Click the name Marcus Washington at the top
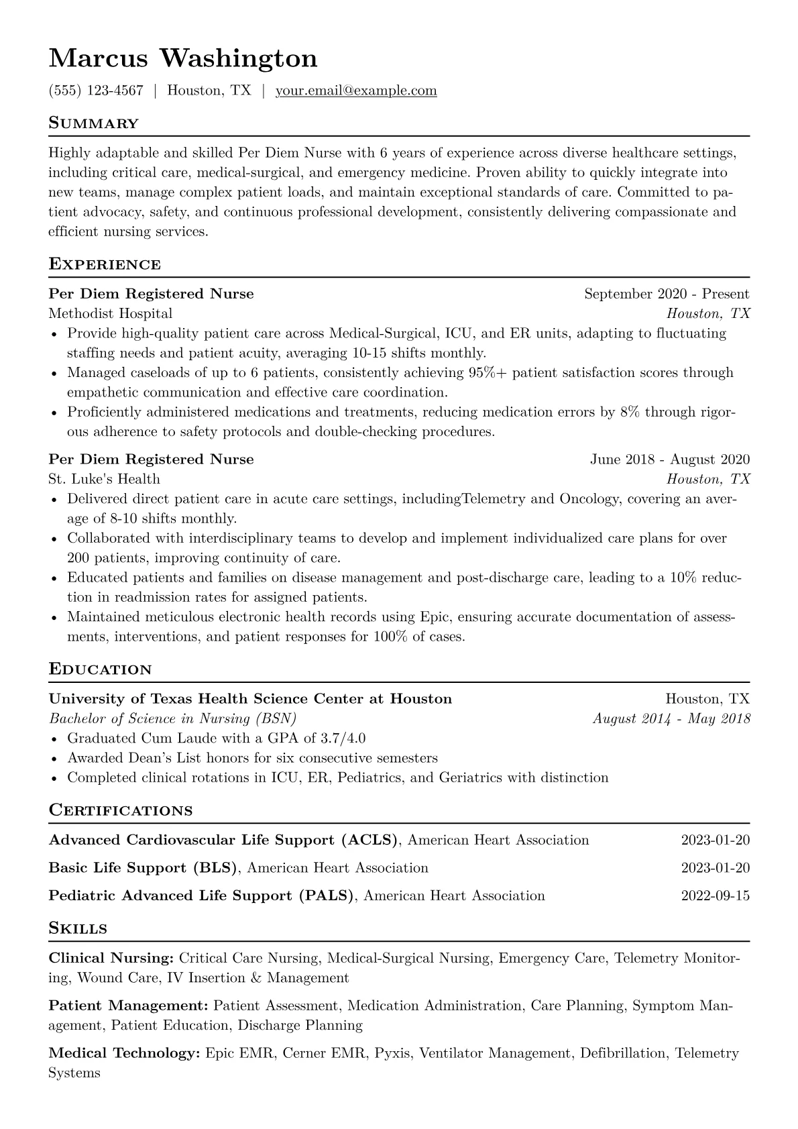pyautogui.click(x=183, y=59)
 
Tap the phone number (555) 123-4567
pyautogui.click(x=96, y=91)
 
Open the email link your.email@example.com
pyautogui.click(x=356, y=91)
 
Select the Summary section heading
pyautogui.click(x=93, y=123)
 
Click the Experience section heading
pyautogui.click(x=105, y=264)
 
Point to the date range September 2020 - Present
pyautogui.click(x=667, y=294)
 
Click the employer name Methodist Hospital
pyautogui.click(x=111, y=313)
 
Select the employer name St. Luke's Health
pyautogui.click(x=105, y=479)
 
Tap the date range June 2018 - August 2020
pyautogui.click(x=670, y=460)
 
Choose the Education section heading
pyautogui.click(x=101, y=669)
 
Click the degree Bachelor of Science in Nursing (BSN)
pyautogui.click(x=172, y=718)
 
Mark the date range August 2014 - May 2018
pyautogui.click(x=671, y=718)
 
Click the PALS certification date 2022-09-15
pyautogui.click(x=715, y=896)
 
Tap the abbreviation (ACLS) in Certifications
pyautogui.click(x=369, y=840)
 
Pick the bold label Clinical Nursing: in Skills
pyautogui.click(x=112, y=958)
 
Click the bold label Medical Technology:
pyautogui.click(x=125, y=1053)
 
